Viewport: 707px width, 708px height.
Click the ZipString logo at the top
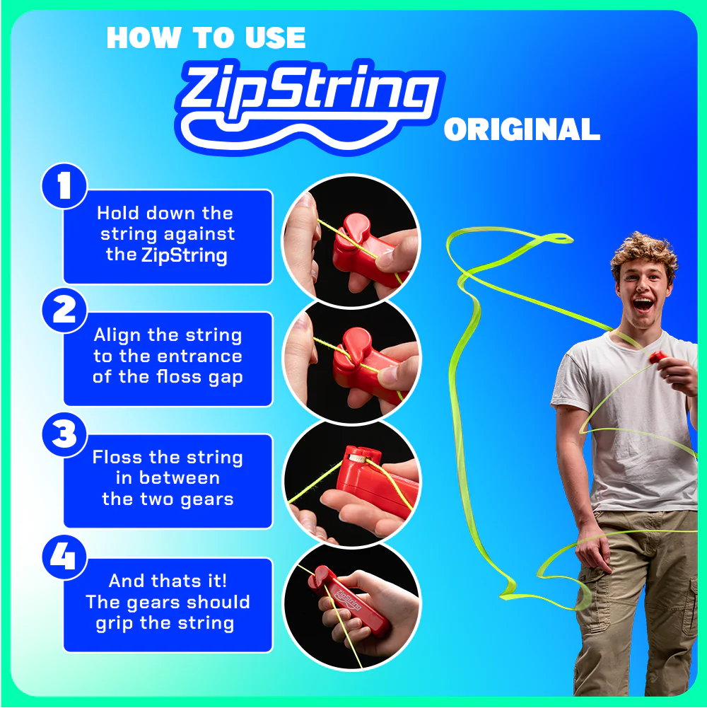click(x=309, y=99)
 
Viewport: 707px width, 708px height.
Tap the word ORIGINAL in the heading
click(x=522, y=131)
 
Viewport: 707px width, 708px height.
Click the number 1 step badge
click(x=64, y=187)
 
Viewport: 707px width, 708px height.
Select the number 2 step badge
click(x=64, y=311)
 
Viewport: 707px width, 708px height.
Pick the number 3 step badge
click(x=64, y=434)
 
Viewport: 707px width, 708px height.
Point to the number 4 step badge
click(x=64, y=557)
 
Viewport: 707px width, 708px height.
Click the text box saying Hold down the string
click(x=168, y=236)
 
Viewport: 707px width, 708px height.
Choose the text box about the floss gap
click(x=168, y=358)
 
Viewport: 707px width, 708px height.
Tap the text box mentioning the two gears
click(x=168, y=480)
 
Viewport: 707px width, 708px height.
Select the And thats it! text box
click(x=168, y=603)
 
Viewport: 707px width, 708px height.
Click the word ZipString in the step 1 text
click(x=185, y=255)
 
